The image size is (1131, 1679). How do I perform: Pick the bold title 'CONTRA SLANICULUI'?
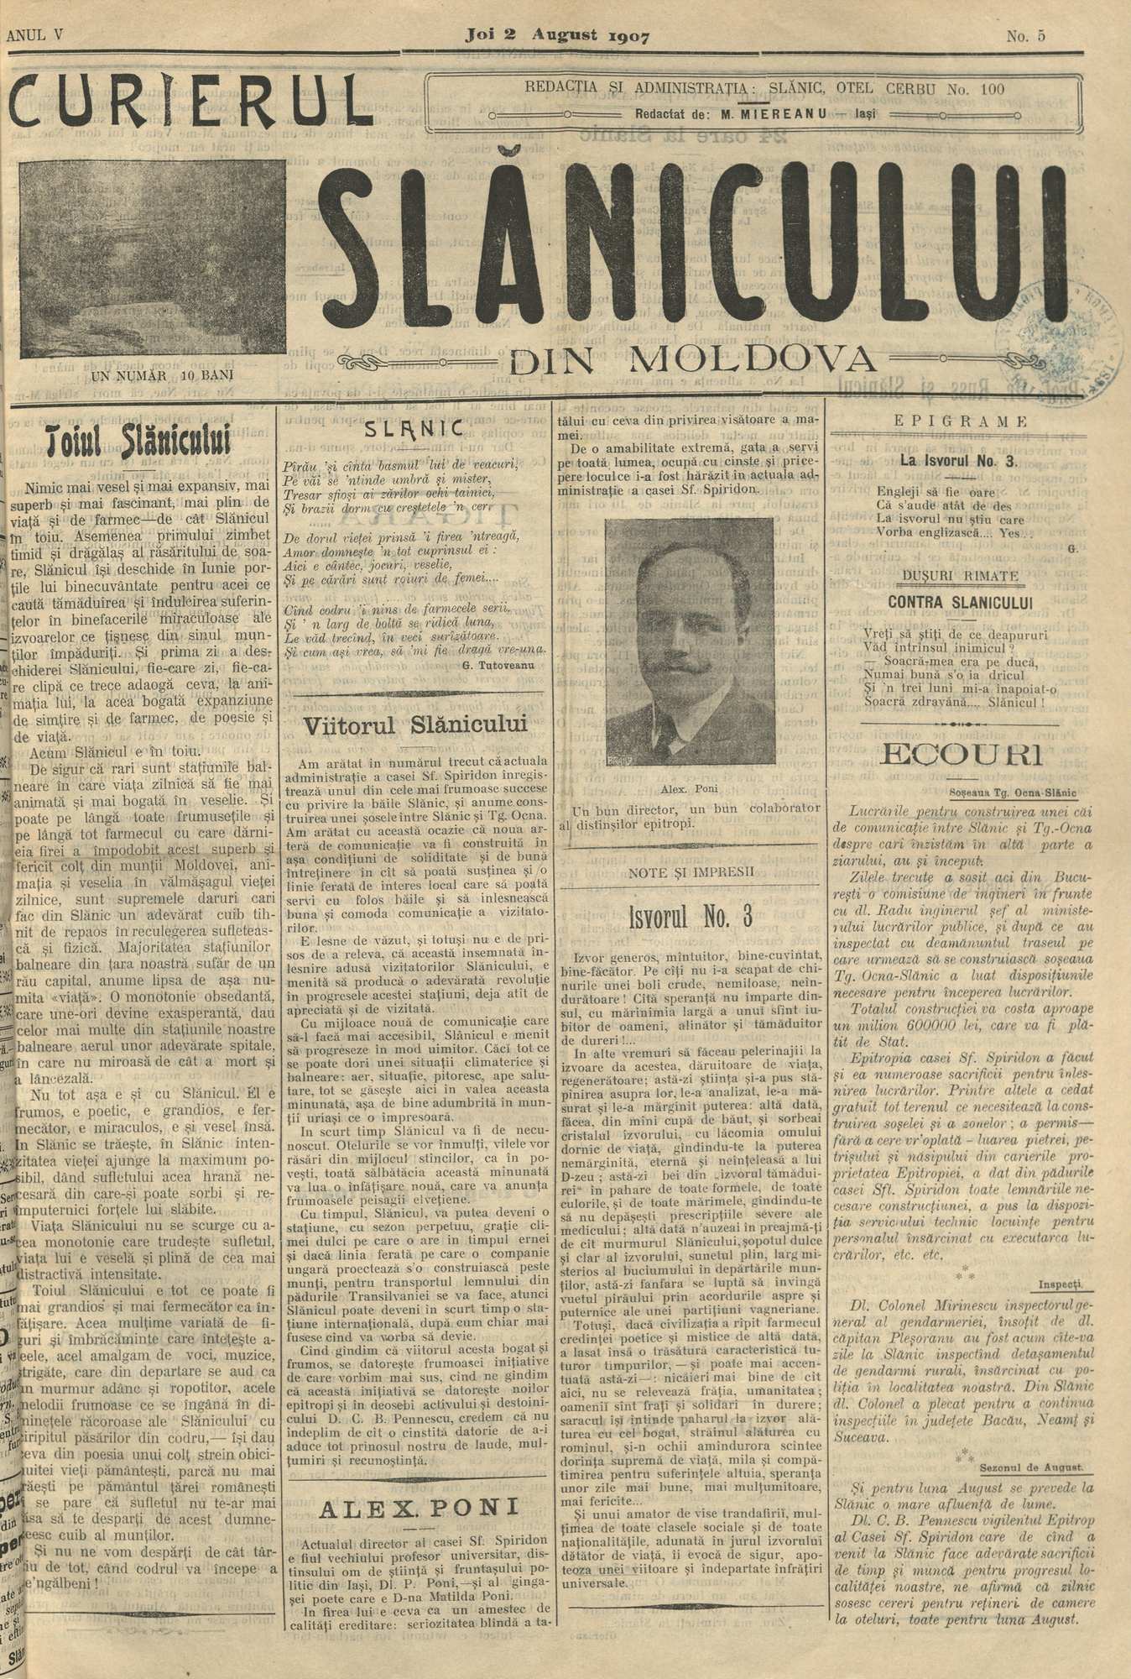click(953, 601)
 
